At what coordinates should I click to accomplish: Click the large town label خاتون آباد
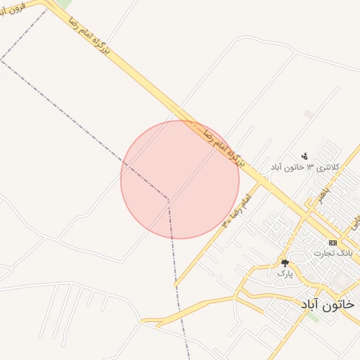pyautogui.click(x=328, y=304)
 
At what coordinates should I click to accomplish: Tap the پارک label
pyautogui.click(x=284, y=273)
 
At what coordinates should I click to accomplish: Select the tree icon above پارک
pyautogui.click(x=284, y=262)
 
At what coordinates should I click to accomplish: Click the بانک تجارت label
pyautogui.click(x=333, y=252)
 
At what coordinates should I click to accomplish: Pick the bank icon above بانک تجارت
pyautogui.click(x=333, y=243)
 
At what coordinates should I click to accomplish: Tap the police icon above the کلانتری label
pyautogui.click(x=304, y=155)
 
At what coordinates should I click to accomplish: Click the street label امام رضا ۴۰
pyautogui.click(x=237, y=211)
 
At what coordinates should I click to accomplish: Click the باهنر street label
pyautogui.click(x=320, y=193)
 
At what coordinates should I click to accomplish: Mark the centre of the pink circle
pyautogui.click(x=180, y=179)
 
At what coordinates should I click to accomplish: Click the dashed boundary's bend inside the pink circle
pyautogui.click(x=168, y=199)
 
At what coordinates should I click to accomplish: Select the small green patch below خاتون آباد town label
pyautogui.click(x=312, y=318)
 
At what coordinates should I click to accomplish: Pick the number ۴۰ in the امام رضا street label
pyautogui.click(x=227, y=221)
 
